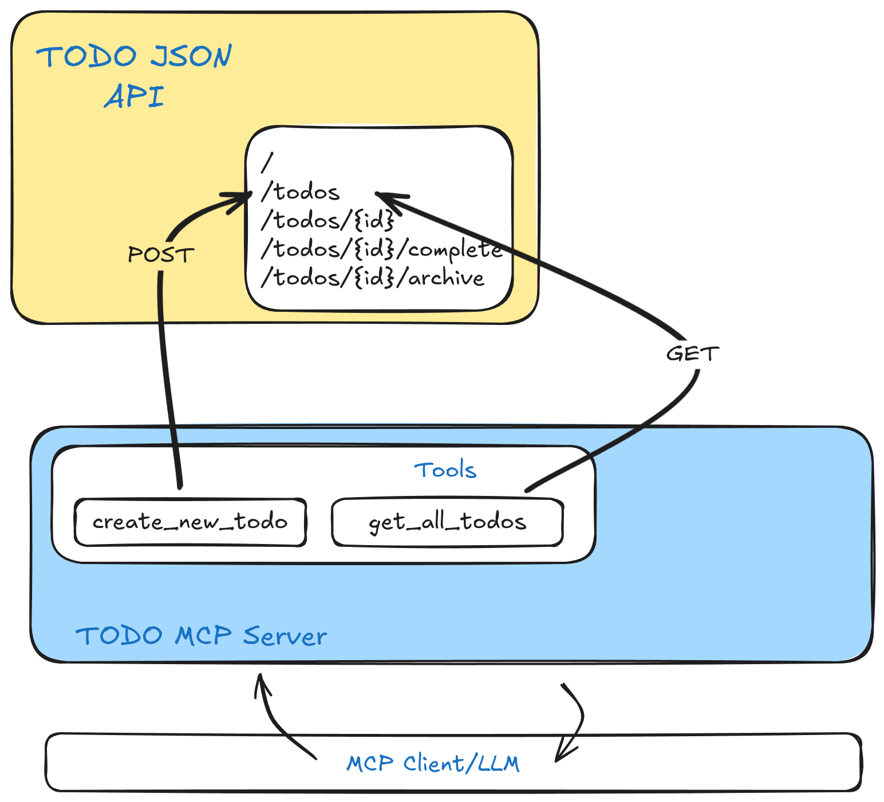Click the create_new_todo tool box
(190, 522)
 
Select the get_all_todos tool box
(447, 522)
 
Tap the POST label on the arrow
(161, 255)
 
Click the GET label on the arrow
(692, 354)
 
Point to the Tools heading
(445, 470)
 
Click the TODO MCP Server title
(201, 636)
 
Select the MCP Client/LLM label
(433, 764)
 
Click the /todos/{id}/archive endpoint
(373, 278)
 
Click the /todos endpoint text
(301, 192)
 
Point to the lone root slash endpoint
(267, 162)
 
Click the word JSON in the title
(191, 56)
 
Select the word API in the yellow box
(135, 96)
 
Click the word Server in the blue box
(285, 636)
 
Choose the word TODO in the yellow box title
(86, 56)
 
